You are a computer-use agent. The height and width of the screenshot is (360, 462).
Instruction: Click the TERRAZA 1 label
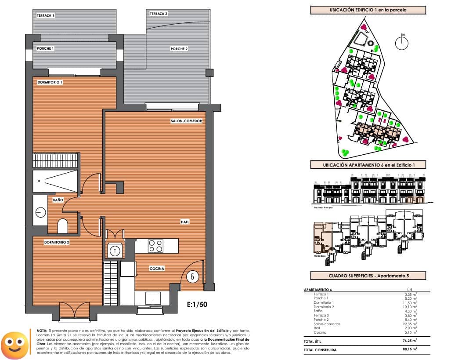point(46,15)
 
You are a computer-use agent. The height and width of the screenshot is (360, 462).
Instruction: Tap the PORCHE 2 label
point(179,49)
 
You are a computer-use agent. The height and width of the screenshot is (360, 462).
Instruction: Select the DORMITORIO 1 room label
point(50,82)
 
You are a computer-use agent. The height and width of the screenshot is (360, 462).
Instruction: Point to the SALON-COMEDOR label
point(186,121)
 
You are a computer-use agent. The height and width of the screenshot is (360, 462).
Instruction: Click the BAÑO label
point(58,200)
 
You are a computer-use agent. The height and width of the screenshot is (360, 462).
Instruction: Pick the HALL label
point(185,222)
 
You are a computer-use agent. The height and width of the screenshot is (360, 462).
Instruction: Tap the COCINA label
point(157,268)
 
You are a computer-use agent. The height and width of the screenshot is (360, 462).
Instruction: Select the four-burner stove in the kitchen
point(155,246)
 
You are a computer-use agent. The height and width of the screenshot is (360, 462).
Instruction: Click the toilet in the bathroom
point(63,226)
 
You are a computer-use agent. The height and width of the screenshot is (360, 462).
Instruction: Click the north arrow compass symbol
point(402,43)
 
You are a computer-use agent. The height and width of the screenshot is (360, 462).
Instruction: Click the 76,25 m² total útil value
point(410,340)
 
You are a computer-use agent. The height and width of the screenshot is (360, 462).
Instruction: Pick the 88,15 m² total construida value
point(410,349)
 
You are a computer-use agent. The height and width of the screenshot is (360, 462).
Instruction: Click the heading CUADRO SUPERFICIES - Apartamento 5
point(368,276)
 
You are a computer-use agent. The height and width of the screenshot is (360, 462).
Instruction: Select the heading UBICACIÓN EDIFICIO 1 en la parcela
point(368,10)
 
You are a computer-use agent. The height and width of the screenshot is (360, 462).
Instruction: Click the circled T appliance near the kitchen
point(115,251)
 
